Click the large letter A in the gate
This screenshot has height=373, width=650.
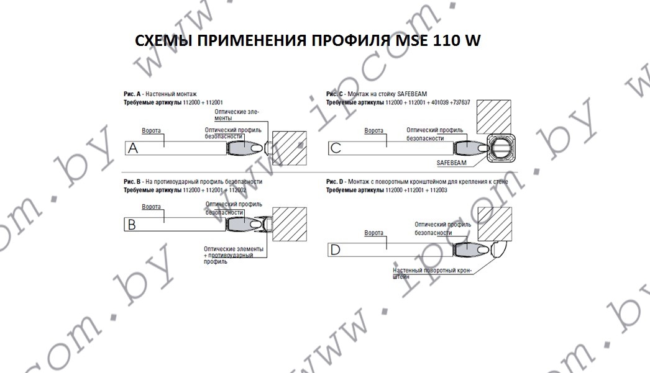click(x=132, y=148)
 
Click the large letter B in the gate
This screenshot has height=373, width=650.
click(x=132, y=225)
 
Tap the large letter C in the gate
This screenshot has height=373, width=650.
click(x=336, y=148)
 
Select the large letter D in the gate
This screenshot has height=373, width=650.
click(x=334, y=249)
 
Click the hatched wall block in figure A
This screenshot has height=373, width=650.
click(x=290, y=148)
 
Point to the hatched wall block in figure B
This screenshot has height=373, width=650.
click(x=290, y=224)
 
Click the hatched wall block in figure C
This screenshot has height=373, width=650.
click(x=494, y=117)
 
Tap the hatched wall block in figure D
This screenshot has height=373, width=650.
click(x=495, y=223)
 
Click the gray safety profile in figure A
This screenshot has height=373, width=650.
click(x=245, y=148)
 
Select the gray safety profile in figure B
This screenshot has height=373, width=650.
click(x=245, y=224)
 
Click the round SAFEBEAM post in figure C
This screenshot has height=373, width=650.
click(x=501, y=148)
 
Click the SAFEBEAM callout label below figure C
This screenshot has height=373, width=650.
click(x=451, y=163)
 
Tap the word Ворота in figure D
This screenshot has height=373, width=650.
click(x=373, y=233)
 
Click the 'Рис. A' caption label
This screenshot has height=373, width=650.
click(x=132, y=94)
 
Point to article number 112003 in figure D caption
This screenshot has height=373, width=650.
click(x=439, y=191)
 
